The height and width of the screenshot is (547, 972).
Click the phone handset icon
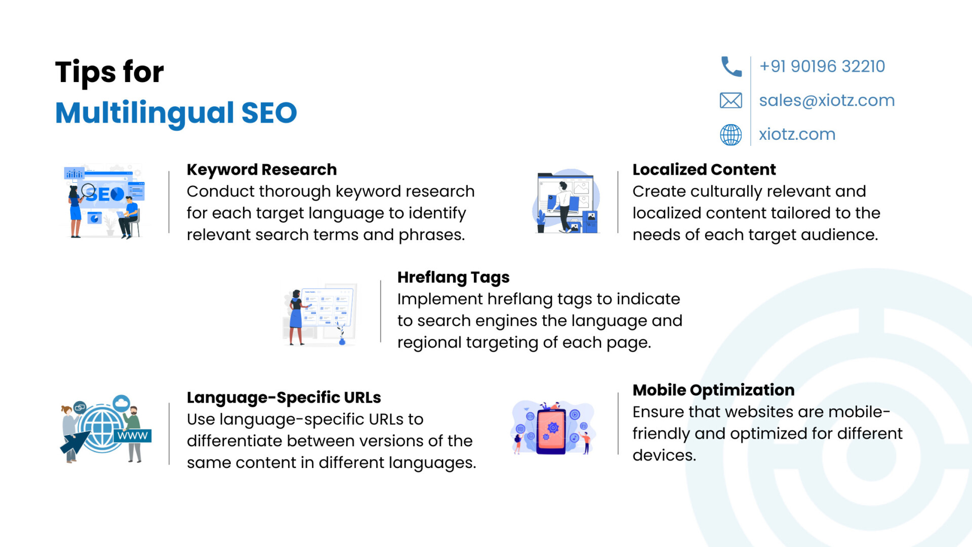(731, 66)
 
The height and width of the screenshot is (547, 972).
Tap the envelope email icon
(731, 100)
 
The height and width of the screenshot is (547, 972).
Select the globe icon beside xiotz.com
(731, 135)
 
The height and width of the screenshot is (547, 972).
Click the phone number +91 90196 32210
(822, 66)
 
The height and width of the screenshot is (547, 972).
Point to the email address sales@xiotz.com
(827, 100)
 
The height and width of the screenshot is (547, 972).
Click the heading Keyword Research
(262, 170)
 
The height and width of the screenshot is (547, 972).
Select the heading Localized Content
(704, 170)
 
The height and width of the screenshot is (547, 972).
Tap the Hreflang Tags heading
(453, 278)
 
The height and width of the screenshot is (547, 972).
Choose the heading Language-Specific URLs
(283, 398)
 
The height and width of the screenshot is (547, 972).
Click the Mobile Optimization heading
(713, 390)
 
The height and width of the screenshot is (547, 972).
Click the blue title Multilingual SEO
(176, 113)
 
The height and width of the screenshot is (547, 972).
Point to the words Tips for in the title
(109, 72)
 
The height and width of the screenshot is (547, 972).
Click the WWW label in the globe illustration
(133, 436)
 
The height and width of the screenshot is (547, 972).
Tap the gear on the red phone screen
(553, 427)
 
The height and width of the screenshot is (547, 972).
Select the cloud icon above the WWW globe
(121, 403)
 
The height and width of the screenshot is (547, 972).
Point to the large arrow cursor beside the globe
(74, 442)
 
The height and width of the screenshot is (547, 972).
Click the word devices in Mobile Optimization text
(664, 455)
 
